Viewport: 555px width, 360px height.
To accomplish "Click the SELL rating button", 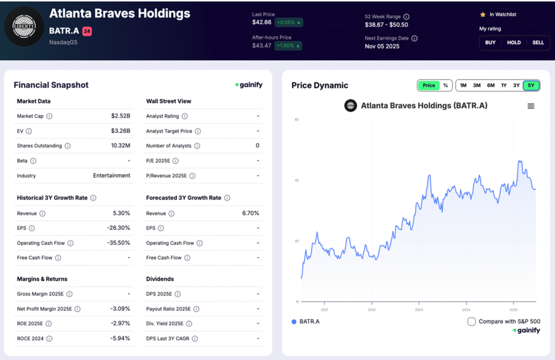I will pos(538,42).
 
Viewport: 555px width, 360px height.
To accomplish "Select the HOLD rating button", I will pos(514,42).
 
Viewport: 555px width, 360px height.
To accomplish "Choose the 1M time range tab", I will pos(463,85).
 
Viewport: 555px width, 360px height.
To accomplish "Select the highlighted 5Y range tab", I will pos(531,85).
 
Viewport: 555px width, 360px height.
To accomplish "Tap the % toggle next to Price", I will pos(445,85).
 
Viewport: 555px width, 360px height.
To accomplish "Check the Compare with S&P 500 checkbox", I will pos(472,322).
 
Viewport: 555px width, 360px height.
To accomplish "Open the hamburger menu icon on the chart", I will pos(531,106).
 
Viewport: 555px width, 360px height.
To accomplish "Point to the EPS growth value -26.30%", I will pos(119,228).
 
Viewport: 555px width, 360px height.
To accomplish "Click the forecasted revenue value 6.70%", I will pos(250,214).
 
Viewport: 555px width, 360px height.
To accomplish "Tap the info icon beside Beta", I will pos(33,161).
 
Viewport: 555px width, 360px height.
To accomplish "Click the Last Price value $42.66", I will pos(261,23).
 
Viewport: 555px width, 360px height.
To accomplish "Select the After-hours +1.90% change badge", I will pos(288,46).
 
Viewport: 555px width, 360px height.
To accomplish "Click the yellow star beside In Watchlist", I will pos(482,15).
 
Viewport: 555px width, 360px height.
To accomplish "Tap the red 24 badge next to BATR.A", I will pos(87,31).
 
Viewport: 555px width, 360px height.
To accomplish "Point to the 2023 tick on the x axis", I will pos(418,310).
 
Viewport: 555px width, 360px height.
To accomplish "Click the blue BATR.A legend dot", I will pos(294,322).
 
